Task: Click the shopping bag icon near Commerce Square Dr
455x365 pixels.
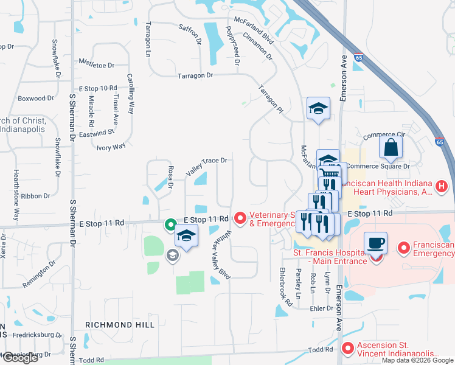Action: (x=390, y=147)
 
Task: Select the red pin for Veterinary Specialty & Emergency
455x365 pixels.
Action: (x=240, y=217)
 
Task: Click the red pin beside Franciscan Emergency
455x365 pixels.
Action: (x=403, y=248)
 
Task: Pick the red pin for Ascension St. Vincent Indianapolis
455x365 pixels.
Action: (x=347, y=349)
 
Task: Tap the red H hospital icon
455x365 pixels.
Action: (x=442, y=186)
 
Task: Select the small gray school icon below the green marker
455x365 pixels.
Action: (x=172, y=255)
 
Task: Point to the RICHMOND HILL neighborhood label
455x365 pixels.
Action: (x=119, y=325)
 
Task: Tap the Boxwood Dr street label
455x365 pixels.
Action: (x=36, y=98)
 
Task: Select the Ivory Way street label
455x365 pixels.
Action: (x=111, y=146)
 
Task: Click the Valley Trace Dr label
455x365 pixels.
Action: (x=206, y=164)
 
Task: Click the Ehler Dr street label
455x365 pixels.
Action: (x=322, y=308)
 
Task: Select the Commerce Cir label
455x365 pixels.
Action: (x=384, y=135)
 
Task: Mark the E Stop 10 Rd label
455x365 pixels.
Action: (x=97, y=89)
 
